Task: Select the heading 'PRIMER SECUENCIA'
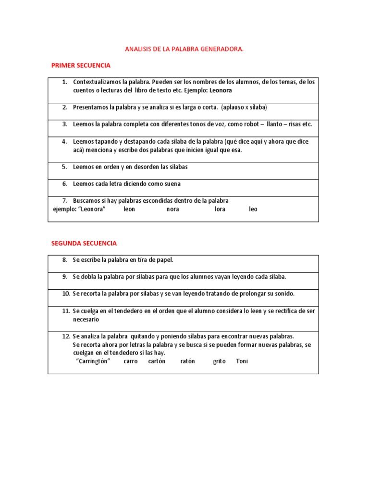coord(81,65)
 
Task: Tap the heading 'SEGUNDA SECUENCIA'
coord(84,243)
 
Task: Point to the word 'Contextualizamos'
coord(96,82)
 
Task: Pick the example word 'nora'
coord(173,209)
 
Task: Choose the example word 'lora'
coord(220,209)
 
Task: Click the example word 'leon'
coord(129,209)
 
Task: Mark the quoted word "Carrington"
coord(93,361)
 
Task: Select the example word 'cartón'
coord(157,361)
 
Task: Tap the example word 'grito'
coord(219,361)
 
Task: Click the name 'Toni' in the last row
coord(242,361)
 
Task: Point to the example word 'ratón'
coord(188,361)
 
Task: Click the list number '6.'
coord(64,184)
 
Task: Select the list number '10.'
coord(66,294)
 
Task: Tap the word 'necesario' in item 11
coord(86,319)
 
